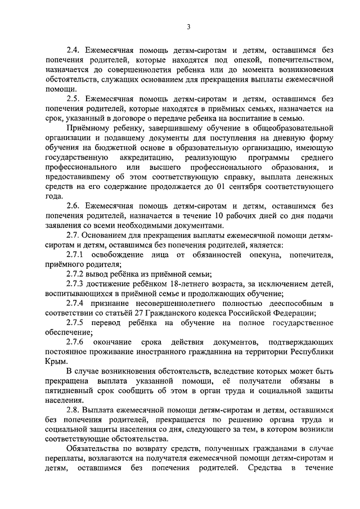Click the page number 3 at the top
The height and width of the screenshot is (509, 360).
(x=189, y=26)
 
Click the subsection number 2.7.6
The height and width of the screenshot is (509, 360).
(x=75, y=343)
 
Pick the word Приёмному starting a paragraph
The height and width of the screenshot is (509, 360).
(x=87, y=129)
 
